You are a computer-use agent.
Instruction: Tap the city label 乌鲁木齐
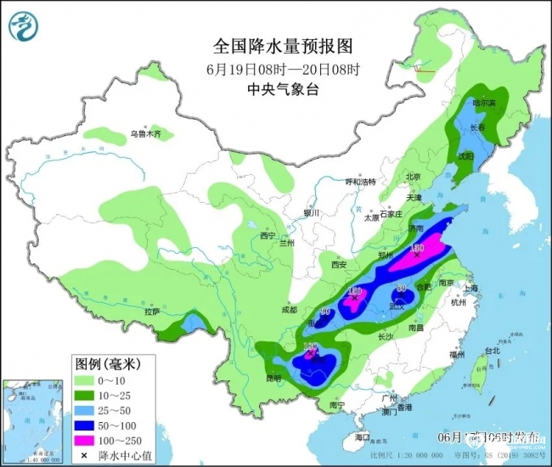tap(145, 134)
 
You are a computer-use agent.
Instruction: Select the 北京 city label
tap(414, 177)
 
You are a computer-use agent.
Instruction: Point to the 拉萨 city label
tap(152, 312)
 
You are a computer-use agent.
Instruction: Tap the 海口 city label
tap(363, 437)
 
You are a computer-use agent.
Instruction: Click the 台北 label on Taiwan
tap(492, 350)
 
